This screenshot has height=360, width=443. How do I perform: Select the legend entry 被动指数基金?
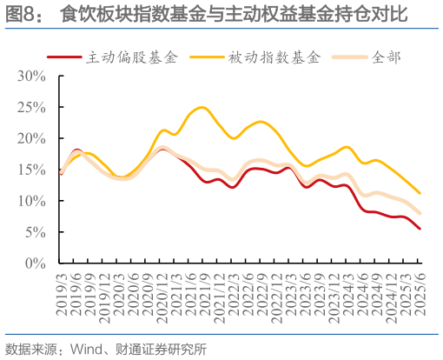[x=275, y=57]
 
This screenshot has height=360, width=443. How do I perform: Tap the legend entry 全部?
[x=387, y=57]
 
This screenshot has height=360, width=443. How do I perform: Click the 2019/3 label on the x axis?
[x=60, y=290]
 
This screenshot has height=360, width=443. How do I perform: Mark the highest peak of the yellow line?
[x=202, y=108]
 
